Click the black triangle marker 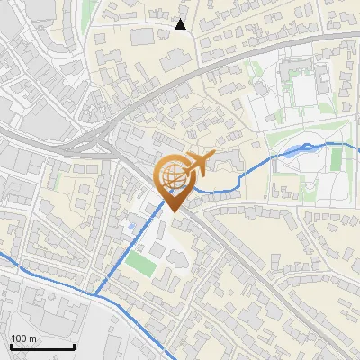point(181,24)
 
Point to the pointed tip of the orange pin point(172,211)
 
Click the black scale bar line point(41,346)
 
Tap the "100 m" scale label point(23,338)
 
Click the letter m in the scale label point(32,338)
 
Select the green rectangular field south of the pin point(139,264)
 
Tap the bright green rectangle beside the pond point(337,159)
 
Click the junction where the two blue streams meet point(93,293)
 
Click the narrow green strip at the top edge point(88,11)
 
